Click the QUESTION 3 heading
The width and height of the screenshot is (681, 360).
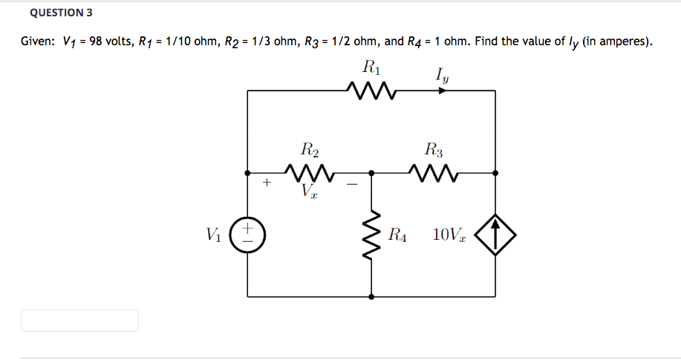[x=62, y=13]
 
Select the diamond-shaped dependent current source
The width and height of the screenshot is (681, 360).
[x=495, y=235]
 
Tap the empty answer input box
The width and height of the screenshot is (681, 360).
[x=79, y=321]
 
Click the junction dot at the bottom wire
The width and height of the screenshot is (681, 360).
[x=371, y=296]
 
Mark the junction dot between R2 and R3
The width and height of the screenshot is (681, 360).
[x=371, y=173]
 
